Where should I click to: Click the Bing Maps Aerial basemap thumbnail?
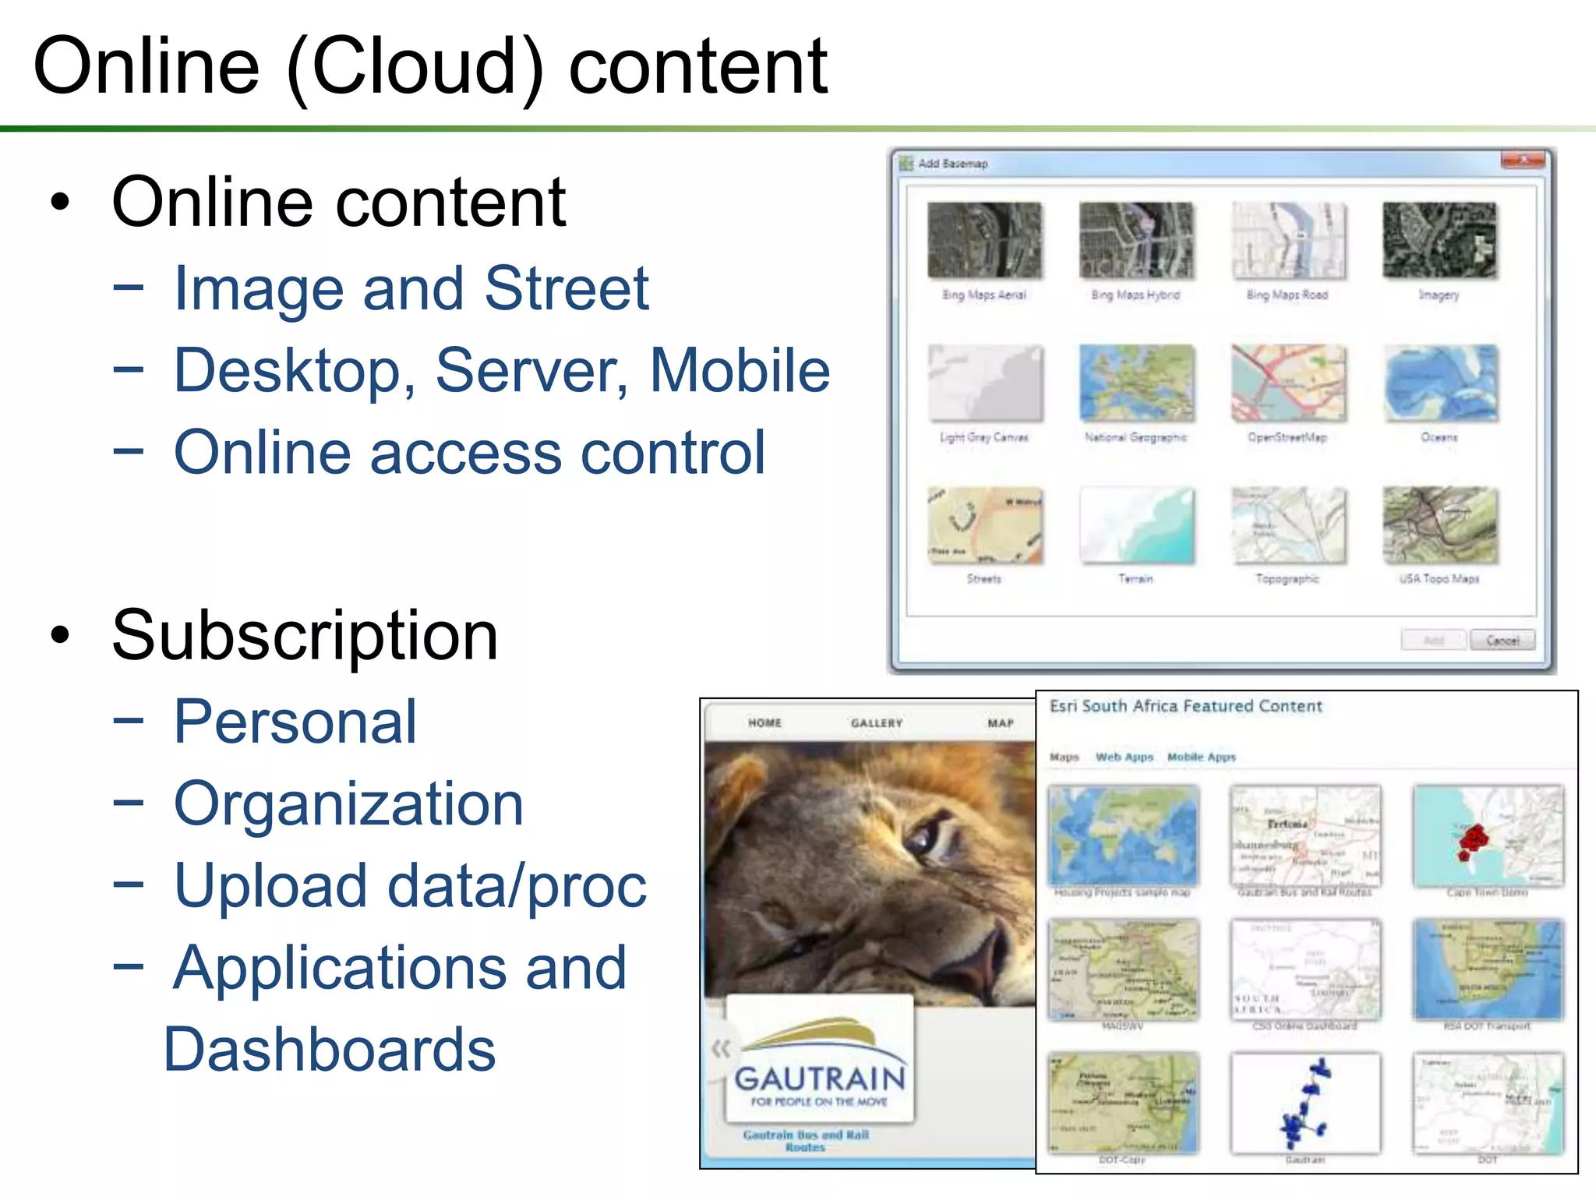point(984,240)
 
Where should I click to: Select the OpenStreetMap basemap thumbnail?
point(1287,383)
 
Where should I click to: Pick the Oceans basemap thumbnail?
point(1440,383)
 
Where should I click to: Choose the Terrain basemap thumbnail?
point(1136,525)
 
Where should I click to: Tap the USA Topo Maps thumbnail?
point(1440,525)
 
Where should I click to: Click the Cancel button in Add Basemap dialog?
point(1502,641)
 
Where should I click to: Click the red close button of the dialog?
point(1522,161)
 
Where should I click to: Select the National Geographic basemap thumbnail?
point(1136,383)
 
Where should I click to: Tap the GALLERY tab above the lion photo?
point(877,723)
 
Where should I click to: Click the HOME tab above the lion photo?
point(764,723)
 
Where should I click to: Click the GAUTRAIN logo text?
point(820,1079)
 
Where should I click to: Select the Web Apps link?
point(1124,757)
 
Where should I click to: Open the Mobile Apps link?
point(1201,757)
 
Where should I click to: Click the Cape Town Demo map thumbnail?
point(1488,835)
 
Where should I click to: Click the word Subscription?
point(305,635)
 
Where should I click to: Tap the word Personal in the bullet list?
point(295,722)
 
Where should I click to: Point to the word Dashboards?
point(329,1050)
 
